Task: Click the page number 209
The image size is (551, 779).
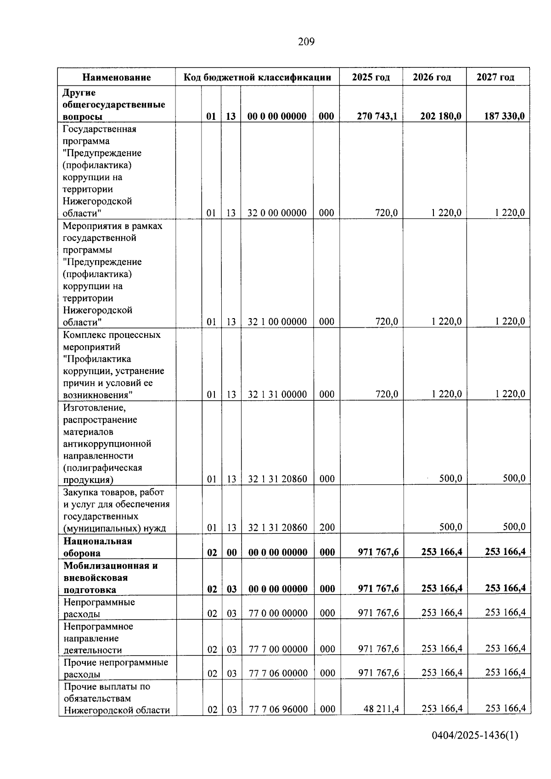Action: point(306,42)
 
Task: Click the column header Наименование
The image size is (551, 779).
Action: point(117,77)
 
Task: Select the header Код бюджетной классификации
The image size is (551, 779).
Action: point(257,77)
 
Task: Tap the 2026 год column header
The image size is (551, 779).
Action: point(432,77)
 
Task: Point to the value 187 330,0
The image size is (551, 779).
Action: point(504,116)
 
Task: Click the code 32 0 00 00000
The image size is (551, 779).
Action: point(277,213)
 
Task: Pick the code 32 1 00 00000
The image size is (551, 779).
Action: point(277,322)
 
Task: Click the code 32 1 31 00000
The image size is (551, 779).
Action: point(277,394)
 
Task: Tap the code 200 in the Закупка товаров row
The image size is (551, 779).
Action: point(327,527)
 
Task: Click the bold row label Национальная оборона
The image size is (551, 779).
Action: point(97,547)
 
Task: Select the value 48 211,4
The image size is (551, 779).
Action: point(381,709)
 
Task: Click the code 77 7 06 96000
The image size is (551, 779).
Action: point(278,709)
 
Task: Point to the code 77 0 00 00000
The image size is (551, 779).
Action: point(278,613)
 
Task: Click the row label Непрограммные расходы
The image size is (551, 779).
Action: point(99,608)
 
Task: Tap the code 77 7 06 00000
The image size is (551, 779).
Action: point(278,673)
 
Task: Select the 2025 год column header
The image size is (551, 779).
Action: point(371,77)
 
